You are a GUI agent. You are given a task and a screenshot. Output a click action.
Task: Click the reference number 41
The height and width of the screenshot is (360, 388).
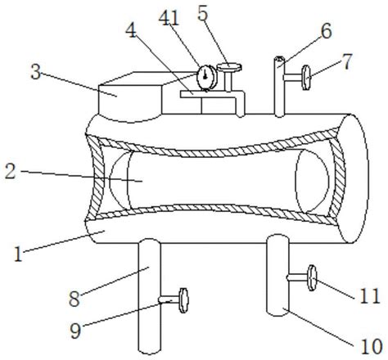169,19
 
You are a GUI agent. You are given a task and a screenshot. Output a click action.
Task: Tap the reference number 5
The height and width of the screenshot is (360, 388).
203,13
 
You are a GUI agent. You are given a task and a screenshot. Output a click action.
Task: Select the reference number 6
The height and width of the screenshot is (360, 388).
327,31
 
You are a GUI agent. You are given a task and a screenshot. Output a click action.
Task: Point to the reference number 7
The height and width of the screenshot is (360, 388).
347,61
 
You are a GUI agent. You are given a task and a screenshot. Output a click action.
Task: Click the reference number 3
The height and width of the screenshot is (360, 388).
36,72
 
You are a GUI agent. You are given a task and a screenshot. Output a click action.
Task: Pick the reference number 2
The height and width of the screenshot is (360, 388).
11,172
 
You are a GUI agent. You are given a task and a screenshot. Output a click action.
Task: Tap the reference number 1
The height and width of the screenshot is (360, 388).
18,254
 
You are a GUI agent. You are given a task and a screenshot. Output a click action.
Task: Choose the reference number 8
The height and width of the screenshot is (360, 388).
74,299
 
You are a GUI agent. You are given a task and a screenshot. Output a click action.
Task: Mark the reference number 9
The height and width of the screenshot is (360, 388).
75,331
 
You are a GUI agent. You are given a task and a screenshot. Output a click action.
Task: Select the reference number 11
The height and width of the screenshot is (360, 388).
370,296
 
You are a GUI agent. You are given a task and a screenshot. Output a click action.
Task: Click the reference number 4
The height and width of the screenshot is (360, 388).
131,30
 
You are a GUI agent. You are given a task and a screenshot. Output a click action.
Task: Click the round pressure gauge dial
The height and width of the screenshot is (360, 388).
206,78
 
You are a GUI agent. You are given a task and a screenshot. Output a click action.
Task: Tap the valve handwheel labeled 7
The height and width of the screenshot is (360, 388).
306,78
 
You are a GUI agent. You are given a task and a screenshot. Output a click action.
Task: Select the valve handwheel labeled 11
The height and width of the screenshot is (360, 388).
312,278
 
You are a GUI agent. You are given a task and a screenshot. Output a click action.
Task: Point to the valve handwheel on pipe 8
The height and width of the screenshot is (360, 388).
183,300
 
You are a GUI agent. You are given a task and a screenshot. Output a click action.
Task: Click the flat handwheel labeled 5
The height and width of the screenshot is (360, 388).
229,67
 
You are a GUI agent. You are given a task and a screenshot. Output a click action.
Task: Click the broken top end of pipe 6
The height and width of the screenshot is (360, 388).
279,58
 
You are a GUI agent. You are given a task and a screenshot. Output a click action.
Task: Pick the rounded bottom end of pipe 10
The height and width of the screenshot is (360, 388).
277,313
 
